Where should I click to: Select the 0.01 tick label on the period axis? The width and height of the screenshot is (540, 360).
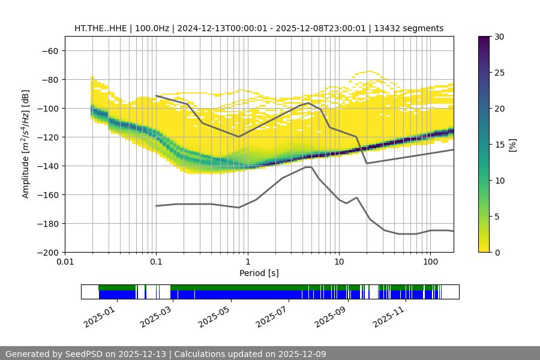65,262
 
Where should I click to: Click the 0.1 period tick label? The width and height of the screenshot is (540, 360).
156,262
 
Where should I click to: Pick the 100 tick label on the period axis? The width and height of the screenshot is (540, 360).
430,262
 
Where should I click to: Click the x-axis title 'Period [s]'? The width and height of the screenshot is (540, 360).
259,273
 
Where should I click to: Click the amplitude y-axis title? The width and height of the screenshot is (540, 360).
26,144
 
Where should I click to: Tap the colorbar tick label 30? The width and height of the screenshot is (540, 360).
499,37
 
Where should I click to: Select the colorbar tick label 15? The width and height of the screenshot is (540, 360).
499,145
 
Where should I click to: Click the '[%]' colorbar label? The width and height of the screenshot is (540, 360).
512,145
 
